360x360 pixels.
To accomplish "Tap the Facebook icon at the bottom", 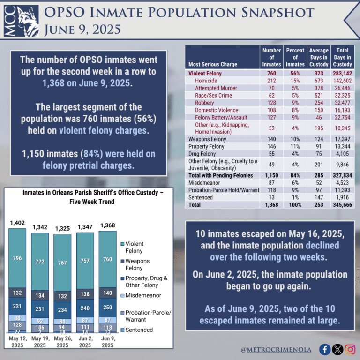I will pyautogui.click(x=324, y=349).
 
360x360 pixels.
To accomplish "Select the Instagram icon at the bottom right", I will pyautogui.click(x=350, y=349).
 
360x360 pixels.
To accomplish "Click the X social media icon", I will pyautogui.click(x=337, y=349).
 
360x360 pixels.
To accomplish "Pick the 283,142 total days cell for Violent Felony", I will pyautogui.click(x=342, y=73).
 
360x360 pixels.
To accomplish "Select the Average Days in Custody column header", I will pyautogui.click(x=319, y=57).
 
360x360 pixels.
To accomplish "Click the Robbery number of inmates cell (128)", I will pyautogui.click(x=271, y=103).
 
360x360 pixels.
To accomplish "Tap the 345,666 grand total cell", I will pyautogui.click(x=342, y=205).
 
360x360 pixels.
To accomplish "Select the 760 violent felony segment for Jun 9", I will pyautogui.click(x=107, y=259).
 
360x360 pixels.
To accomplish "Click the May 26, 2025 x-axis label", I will pyautogui.click(x=62, y=342).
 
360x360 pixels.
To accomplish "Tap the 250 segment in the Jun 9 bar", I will pyautogui.click(x=107, y=307).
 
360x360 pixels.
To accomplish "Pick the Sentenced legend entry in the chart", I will pyautogui.click(x=139, y=330).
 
